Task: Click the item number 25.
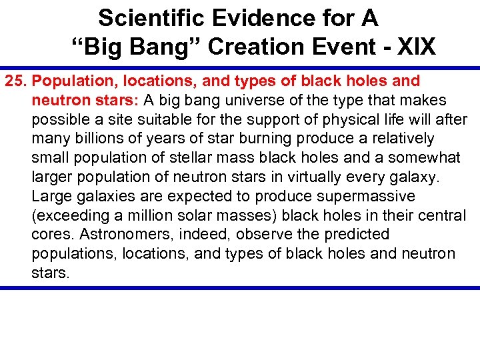(x=17, y=81)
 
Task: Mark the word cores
(x=51, y=235)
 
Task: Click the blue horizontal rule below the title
(x=240, y=67)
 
